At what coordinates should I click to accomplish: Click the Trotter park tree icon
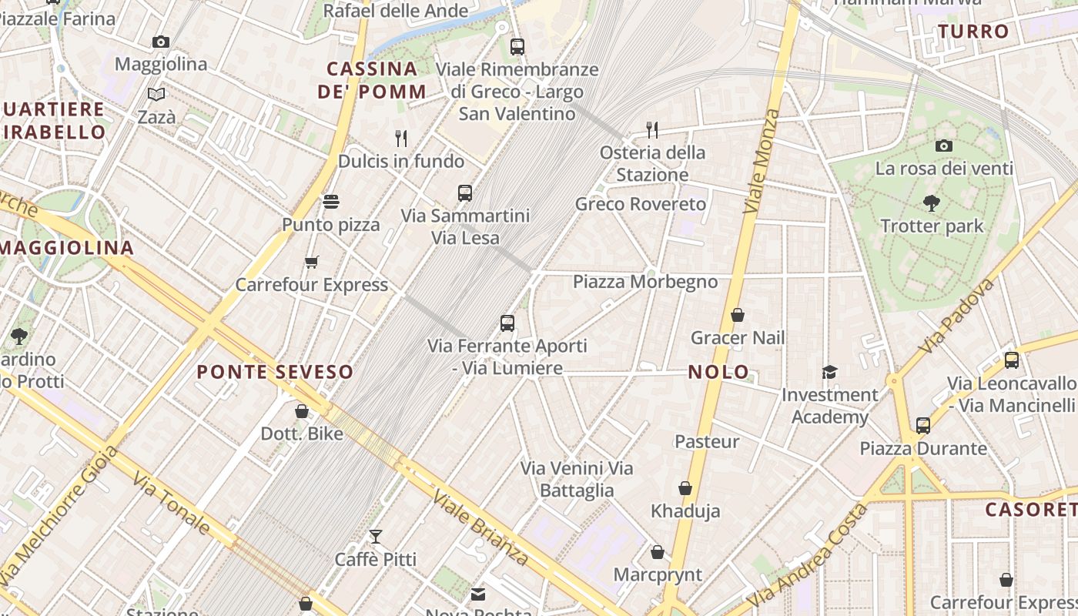(x=932, y=203)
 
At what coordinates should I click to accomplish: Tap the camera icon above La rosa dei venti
(x=944, y=146)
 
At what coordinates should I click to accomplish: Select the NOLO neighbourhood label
(x=718, y=372)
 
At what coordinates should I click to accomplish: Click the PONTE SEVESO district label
(x=275, y=372)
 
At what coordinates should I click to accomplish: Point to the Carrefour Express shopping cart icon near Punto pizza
(x=311, y=262)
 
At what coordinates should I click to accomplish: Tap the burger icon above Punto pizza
(x=331, y=202)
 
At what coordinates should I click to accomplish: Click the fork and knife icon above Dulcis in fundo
(x=401, y=138)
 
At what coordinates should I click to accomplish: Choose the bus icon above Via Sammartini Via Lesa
(x=465, y=192)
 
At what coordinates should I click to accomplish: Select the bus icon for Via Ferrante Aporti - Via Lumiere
(x=507, y=323)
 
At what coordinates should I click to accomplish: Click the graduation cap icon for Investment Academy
(x=829, y=372)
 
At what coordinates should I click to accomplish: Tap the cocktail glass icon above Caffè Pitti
(x=376, y=536)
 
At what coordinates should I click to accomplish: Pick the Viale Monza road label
(x=762, y=161)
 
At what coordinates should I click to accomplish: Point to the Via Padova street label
(x=957, y=316)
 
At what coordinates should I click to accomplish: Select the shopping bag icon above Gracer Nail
(x=738, y=315)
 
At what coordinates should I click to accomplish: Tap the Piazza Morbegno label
(x=645, y=282)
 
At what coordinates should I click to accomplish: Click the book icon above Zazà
(x=156, y=95)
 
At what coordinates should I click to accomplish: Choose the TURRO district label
(x=973, y=32)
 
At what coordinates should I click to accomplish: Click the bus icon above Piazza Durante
(x=922, y=425)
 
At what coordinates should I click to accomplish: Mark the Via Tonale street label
(x=171, y=504)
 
